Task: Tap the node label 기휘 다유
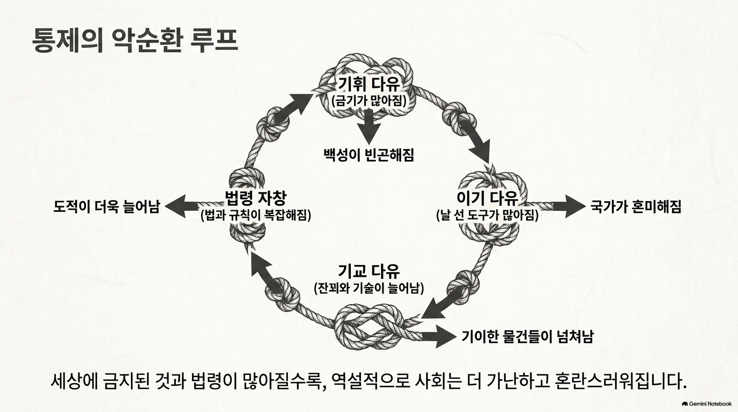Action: coord(369,84)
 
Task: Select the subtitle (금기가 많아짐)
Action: coord(368,100)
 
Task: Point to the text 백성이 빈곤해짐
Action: coord(368,154)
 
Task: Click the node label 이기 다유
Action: coord(488,197)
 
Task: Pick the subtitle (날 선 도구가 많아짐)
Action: coord(488,215)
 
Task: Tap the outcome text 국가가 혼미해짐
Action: coord(636,207)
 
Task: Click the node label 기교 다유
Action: coord(369,271)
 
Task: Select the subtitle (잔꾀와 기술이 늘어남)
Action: coord(369,289)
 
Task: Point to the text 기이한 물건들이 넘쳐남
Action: coord(527,336)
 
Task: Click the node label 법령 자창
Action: coord(255,198)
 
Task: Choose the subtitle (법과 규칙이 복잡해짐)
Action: coord(255,216)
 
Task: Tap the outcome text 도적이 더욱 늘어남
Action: coord(106,207)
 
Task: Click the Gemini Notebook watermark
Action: coord(706,404)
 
